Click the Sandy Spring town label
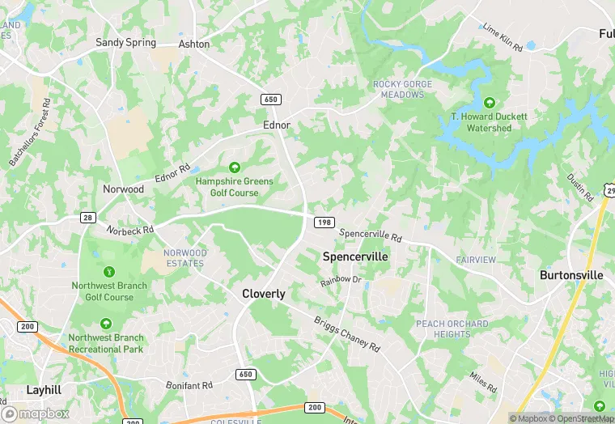pos(125,42)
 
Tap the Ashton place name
pos(194,44)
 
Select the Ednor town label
pos(277,125)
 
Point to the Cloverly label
pos(264,294)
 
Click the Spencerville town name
pos(355,257)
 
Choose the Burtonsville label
pos(571,275)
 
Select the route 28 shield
pos(87,217)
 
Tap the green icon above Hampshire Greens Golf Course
pos(234,167)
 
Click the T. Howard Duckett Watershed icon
pos(489,103)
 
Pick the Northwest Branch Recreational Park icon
pos(106,324)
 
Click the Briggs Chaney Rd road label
pos(347,333)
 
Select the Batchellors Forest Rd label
pos(31,133)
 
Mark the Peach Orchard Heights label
pos(452,329)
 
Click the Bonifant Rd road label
pos(189,385)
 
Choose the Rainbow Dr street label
pos(340,281)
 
